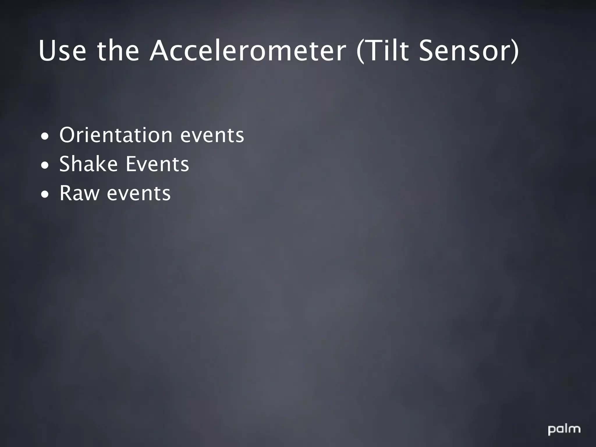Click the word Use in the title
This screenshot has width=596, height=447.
click(x=62, y=52)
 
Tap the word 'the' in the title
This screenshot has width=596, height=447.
click(x=118, y=52)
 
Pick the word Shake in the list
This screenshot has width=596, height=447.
click(x=88, y=164)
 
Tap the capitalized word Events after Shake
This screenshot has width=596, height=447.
click(x=157, y=164)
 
